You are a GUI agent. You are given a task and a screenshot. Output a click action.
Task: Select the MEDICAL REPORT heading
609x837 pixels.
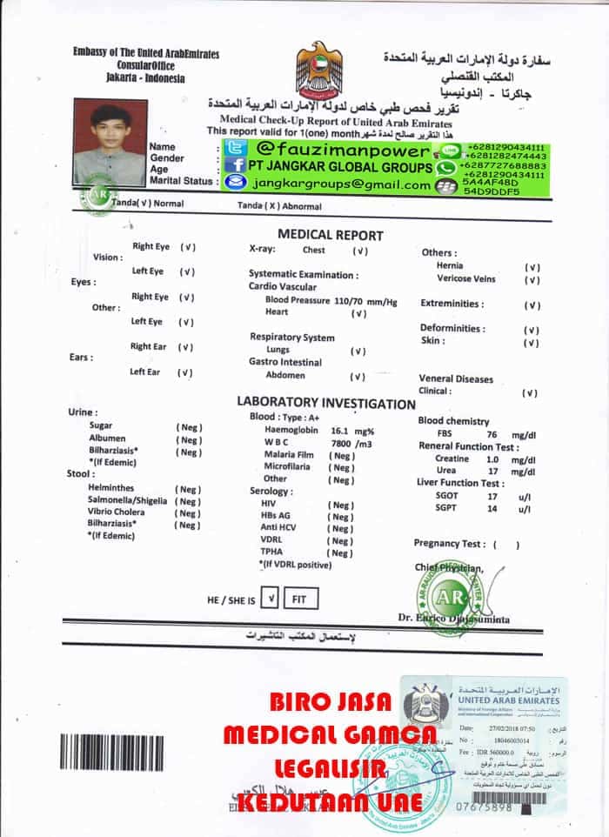[330, 235]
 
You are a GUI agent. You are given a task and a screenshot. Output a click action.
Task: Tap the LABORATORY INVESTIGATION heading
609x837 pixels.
[326, 404]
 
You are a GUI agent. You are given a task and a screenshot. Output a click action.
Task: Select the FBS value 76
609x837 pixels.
[492, 434]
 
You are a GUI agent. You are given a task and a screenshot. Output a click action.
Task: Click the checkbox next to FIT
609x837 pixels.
[271, 599]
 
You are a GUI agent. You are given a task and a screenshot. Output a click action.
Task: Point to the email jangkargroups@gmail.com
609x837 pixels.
[339, 185]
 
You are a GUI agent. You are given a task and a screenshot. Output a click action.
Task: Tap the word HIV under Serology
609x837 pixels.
[269, 505]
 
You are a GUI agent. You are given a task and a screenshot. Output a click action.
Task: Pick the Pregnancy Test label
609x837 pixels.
[449, 544]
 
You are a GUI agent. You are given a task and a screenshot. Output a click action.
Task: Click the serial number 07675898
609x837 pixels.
[487, 807]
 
